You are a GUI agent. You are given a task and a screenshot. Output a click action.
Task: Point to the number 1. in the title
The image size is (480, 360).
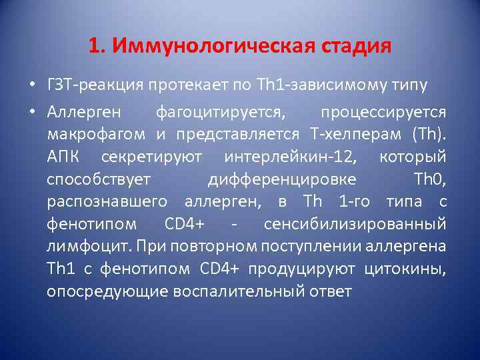click(x=97, y=47)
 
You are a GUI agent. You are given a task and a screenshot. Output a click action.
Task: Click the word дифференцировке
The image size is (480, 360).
click(x=281, y=180)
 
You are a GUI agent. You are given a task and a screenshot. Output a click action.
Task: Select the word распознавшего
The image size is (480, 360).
click(x=106, y=202)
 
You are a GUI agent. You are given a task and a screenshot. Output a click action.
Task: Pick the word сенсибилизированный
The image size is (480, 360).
click(x=355, y=225)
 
